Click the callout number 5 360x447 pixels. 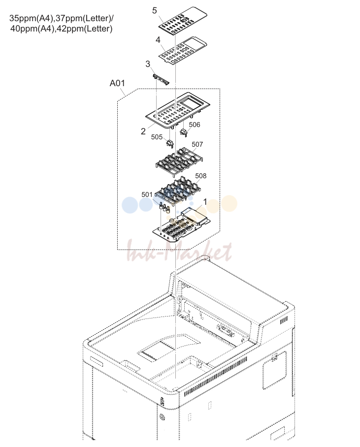[x=154, y=10]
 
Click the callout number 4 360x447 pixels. [x=158, y=39]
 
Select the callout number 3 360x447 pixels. [x=148, y=64]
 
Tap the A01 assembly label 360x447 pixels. [x=117, y=83]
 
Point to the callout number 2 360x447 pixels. [x=143, y=131]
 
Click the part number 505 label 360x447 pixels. [x=157, y=137]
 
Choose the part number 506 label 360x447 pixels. [x=195, y=125]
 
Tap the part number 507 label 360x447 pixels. [x=197, y=144]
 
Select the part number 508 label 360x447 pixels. [x=201, y=176]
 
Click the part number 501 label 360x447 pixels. [x=147, y=194]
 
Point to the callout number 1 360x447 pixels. [x=205, y=202]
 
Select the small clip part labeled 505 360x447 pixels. [x=170, y=144]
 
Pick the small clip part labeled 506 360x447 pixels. [x=184, y=132]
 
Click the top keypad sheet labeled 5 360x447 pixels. [x=183, y=21]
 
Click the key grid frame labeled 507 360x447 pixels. [x=179, y=161]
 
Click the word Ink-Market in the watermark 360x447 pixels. [x=179, y=251]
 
